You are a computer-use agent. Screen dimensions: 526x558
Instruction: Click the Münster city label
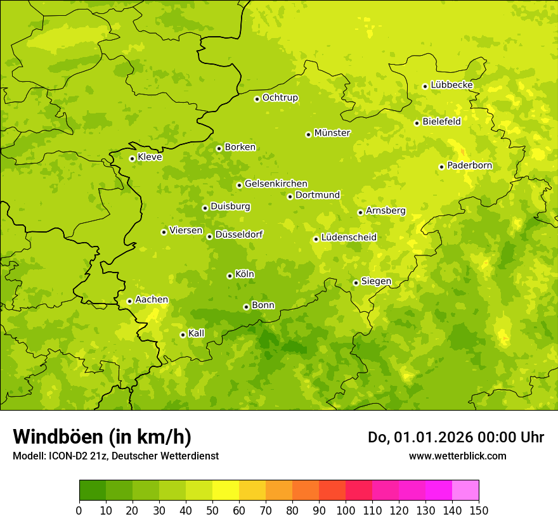(x=332, y=133)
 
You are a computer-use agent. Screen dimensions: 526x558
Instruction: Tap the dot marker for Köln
(x=230, y=276)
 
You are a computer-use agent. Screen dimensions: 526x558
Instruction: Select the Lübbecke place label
(x=452, y=85)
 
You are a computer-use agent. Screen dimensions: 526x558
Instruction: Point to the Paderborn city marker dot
(x=441, y=167)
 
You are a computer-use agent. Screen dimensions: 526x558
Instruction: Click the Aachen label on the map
(x=152, y=300)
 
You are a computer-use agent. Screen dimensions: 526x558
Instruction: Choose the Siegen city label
(x=376, y=281)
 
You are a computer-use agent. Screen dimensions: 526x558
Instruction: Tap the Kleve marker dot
(x=132, y=158)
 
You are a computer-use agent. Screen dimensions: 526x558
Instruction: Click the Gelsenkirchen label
(x=276, y=184)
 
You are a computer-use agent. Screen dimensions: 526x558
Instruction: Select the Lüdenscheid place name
(x=349, y=238)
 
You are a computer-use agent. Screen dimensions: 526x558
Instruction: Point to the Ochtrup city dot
(x=257, y=99)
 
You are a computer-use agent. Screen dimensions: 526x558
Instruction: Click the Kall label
(x=197, y=333)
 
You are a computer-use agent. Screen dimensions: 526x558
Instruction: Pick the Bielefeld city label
(x=441, y=121)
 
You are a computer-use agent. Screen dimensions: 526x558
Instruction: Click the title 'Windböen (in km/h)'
(x=102, y=437)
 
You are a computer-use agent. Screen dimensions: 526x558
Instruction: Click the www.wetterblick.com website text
(x=457, y=456)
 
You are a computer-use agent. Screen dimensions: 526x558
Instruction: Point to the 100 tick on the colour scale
(x=346, y=511)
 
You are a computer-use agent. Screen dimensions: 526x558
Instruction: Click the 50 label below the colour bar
(x=212, y=511)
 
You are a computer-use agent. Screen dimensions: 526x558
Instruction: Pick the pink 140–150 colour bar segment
(x=465, y=490)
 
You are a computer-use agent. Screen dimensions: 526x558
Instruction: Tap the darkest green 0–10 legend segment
(x=93, y=490)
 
